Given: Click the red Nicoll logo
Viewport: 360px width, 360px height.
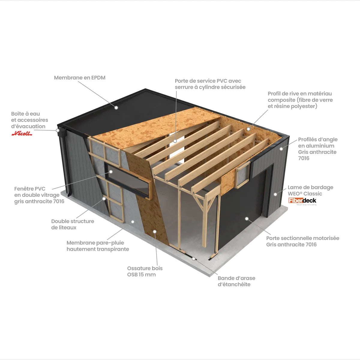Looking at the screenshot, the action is [x=22, y=133].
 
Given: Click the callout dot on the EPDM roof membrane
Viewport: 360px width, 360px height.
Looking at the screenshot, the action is [x=116, y=108].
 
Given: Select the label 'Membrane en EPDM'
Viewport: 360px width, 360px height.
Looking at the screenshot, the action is [x=79, y=77].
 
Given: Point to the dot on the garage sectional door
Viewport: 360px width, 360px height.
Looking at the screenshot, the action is [x=247, y=219].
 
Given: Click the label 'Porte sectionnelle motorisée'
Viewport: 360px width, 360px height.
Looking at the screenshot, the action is [x=303, y=238].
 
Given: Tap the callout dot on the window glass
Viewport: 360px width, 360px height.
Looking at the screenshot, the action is [x=111, y=172].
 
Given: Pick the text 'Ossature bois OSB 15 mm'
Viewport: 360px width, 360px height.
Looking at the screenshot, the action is [x=145, y=271].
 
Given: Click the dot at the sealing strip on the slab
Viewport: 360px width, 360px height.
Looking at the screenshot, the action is [x=194, y=259].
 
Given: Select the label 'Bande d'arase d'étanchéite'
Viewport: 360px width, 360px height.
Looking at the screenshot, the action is [x=236, y=281].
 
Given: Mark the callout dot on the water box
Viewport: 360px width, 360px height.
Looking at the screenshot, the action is [x=58, y=130].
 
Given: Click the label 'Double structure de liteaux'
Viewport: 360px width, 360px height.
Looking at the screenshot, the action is [x=73, y=224].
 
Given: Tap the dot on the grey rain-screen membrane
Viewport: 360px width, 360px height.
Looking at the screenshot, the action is [x=133, y=222].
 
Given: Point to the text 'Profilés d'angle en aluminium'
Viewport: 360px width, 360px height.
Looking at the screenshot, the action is [x=318, y=142].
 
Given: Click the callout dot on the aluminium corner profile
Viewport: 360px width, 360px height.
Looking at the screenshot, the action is [x=281, y=149].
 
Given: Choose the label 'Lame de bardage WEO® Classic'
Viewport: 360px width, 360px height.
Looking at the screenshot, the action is [x=310, y=190].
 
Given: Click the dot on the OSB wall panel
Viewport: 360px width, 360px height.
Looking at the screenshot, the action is [x=155, y=232].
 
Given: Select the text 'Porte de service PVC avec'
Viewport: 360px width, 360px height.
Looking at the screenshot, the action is [x=208, y=81].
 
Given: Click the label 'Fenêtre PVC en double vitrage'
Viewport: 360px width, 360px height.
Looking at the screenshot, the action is [x=37, y=192].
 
